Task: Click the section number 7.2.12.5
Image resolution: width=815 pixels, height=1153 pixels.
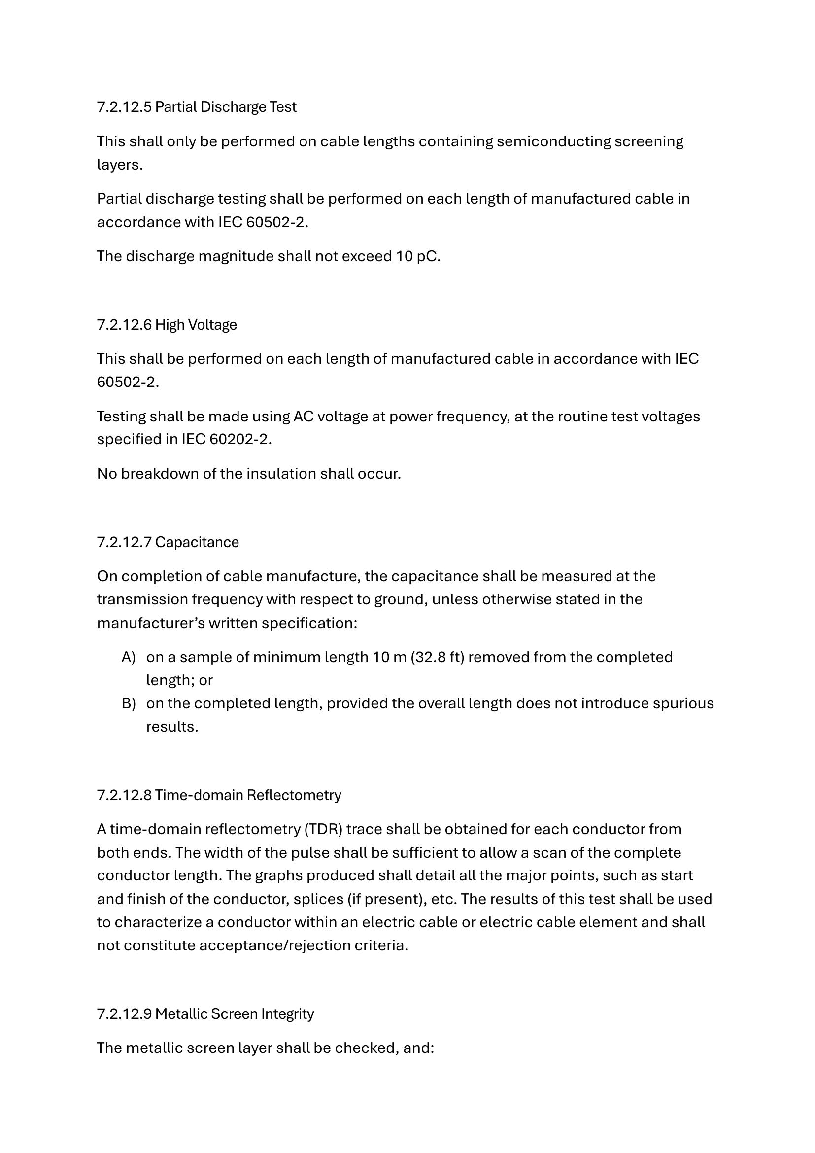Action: click(124, 107)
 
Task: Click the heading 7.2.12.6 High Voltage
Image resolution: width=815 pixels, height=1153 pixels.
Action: click(167, 325)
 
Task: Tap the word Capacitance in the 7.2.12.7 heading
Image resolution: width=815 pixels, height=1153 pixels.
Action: click(197, 542)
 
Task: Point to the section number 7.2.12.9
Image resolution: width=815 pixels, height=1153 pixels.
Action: click(124, 1014)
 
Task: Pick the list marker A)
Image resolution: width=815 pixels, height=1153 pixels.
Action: click(129, 658)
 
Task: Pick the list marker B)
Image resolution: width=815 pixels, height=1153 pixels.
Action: click(129, 703)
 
